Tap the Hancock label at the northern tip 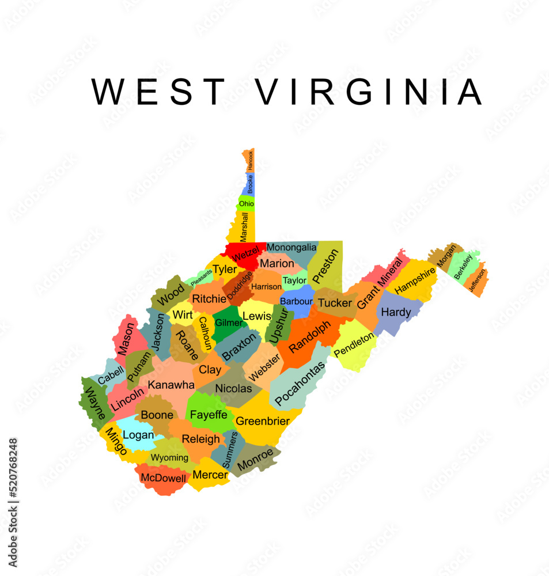click(x=250, y=160)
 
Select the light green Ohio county click(x=247, y=203)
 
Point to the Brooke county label click(x=250, y=184)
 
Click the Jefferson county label click(x=478, y=281)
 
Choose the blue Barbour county click(x=296, y=301)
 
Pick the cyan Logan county click(x=138, y=435)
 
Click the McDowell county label click(x=164, y=478)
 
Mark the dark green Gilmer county click(x=228, y=323)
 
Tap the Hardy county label click(x=396, y=312)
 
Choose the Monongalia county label click(x=291, y=247)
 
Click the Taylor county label click(x=294, y=281)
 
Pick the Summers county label click(x=229, y=449)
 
